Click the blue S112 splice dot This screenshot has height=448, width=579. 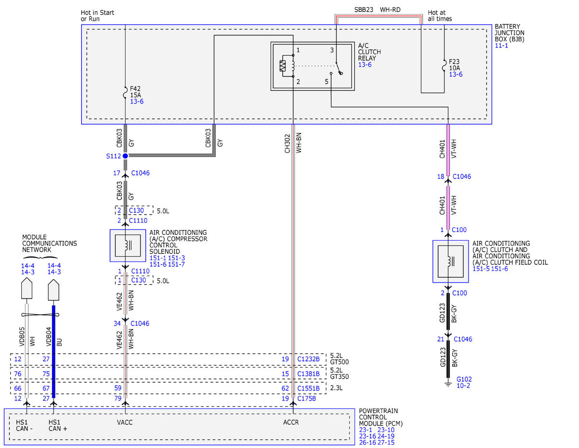[125, 156]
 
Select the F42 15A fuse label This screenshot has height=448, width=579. [135, 92]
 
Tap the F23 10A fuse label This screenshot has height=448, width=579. [454, 65]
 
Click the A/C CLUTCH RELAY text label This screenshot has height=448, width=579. [369, 52]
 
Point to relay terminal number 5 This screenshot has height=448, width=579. [326, 82]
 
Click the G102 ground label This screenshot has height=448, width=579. [464, 379]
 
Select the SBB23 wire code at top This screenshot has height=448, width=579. [363, 10]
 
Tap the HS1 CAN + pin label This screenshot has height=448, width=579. [57, 425]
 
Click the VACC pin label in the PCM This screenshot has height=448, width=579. [124, 422]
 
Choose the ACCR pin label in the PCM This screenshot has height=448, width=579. [290, 422]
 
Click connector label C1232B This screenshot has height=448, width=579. [308, 359]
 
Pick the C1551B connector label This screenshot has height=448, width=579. [308, 388]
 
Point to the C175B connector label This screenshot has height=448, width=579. [306, 398]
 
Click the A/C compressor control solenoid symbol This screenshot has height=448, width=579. [128, 246]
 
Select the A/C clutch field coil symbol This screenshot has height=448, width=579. [450, 261]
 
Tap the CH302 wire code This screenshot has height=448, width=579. [287, 144]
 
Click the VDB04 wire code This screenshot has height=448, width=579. [49, 337]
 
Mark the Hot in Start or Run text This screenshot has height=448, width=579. [97, 16]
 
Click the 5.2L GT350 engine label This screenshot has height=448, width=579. [339, 373]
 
